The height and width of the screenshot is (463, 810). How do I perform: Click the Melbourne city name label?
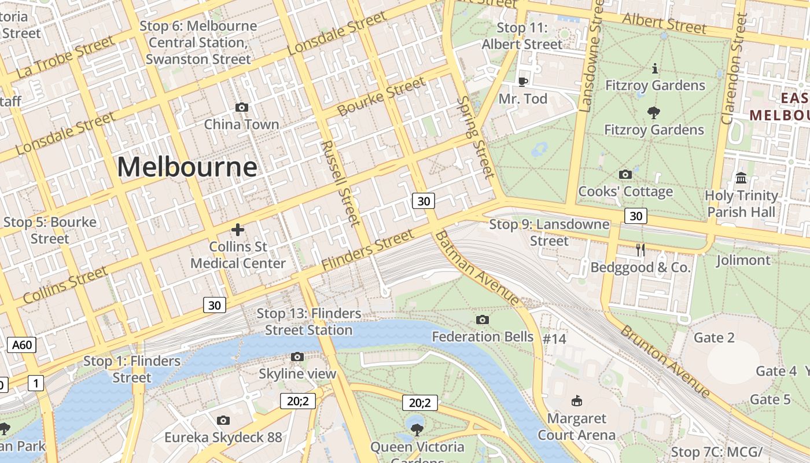tap(187, 167)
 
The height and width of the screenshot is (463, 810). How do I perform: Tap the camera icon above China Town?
tap(242, 107)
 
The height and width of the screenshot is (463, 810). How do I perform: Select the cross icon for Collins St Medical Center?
tap(238, 230)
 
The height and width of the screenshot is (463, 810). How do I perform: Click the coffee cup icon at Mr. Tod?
tap(522, 82)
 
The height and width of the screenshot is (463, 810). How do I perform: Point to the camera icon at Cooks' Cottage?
tap(625, 174)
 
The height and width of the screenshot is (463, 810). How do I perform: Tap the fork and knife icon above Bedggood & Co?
tap(640, 250)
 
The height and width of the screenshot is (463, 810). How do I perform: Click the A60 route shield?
tap(22, 346)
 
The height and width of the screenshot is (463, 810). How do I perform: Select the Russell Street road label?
tap(341, 183)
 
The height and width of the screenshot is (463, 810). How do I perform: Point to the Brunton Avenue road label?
tap(665, 362)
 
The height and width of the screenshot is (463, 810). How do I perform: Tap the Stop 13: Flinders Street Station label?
tap(309, 322)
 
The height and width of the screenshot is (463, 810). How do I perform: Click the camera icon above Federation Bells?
tap(483, 319)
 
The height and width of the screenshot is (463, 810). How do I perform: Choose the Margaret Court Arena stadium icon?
tap(576, 400)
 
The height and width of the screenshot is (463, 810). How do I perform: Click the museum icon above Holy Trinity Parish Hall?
tap(741, 178)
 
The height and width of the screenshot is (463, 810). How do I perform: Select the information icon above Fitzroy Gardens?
tap(654, 68)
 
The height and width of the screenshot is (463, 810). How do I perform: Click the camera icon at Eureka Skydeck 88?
tap(223, 420)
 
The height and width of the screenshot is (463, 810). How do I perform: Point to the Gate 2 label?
tap(714, 337)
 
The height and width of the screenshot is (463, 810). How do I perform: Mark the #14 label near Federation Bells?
tap(554, 339)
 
